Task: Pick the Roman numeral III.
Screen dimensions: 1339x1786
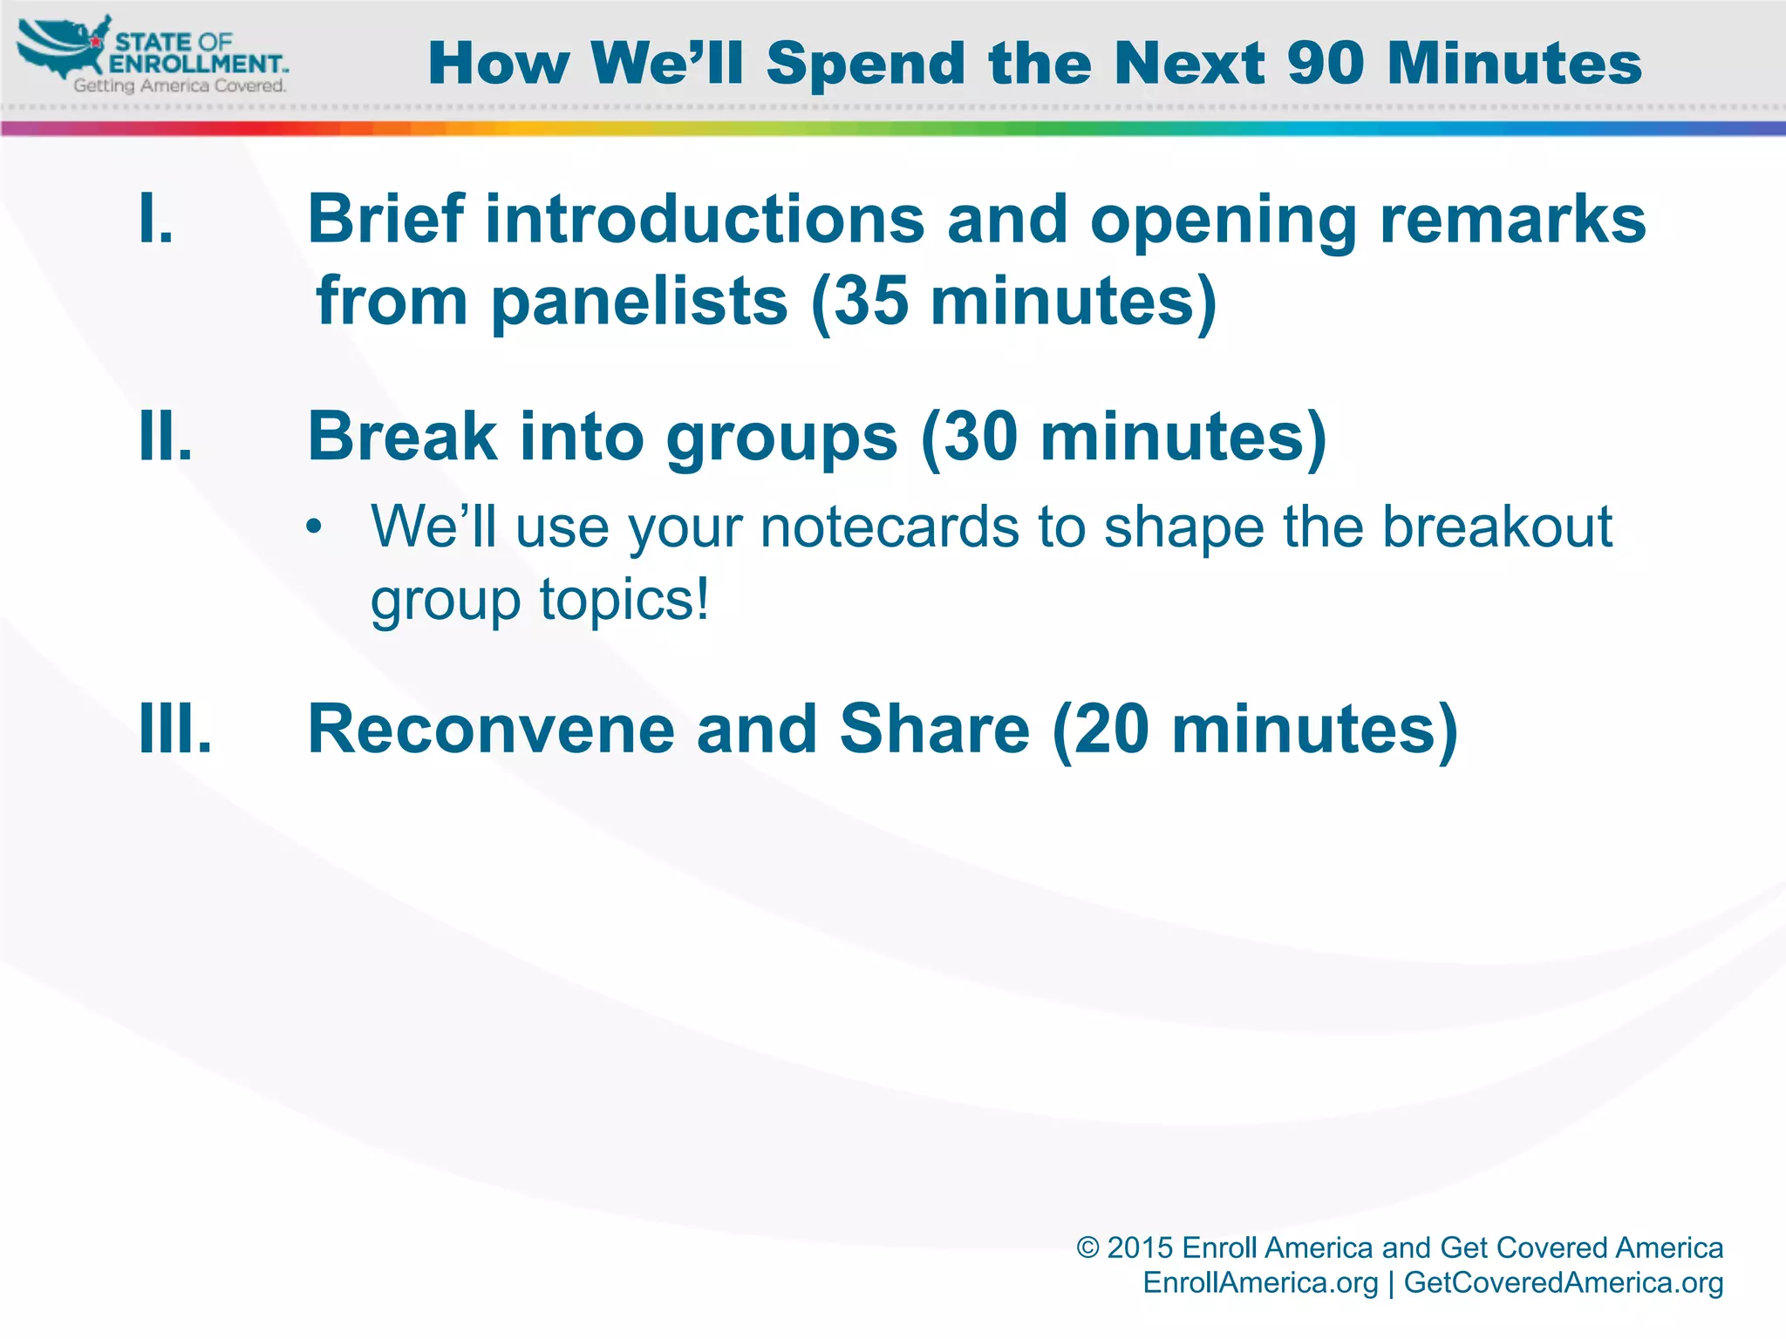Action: pyautogui.click(x=175, y=729)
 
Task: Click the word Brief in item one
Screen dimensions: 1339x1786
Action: pyautogui.click(x=385, y=219)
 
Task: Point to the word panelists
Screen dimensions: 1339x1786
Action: pyautogui.click(x=639, y=302)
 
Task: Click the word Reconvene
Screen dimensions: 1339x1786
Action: pyautogui.click(x=491, y=729)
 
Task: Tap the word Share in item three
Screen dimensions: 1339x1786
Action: pyautogui.click(x=934, y=729)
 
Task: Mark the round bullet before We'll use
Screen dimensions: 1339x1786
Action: pyautogui.click(x=315, y=528)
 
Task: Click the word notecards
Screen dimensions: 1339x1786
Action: pyautogui.click(x=889, y=527)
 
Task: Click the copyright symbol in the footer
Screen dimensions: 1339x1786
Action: pyautogui.click(x=1087, y=1247)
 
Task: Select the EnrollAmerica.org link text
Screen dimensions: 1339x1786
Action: pyautogui.click(x=1260, y=1282)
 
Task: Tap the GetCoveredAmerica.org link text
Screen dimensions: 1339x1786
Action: pyautogui.click(x=1563, y=1282)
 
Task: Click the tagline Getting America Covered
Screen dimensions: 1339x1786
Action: pyautogui.click(x=180, y=85)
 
